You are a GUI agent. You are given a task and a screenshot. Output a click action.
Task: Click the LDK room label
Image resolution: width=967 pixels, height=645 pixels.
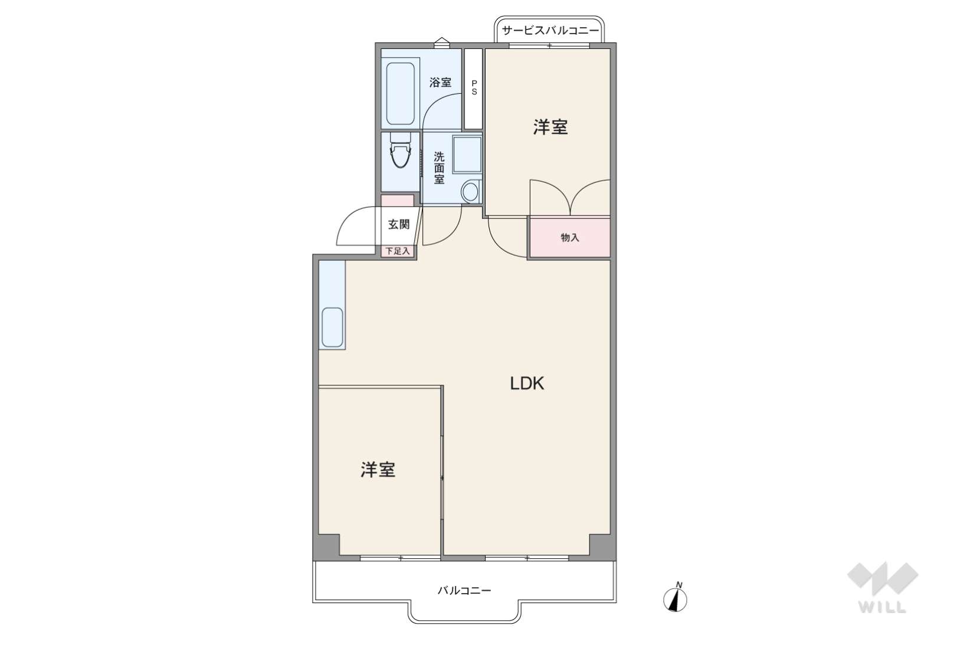(x=527, y=384)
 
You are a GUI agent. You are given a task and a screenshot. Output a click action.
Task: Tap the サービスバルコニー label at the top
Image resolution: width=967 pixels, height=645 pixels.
(x=550, y=31)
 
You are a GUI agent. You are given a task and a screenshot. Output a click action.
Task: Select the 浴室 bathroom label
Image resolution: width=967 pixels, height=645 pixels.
(x=440, y=82)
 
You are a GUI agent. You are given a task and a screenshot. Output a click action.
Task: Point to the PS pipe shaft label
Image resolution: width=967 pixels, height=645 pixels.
(x=474, y=88)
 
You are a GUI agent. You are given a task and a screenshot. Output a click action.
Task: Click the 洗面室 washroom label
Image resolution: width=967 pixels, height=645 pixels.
(x=439, y=168)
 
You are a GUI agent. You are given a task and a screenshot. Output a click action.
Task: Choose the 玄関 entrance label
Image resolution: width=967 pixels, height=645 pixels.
(x=398, y=224)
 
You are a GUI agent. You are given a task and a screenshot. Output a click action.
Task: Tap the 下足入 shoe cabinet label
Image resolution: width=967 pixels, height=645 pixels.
(x=397, y=251)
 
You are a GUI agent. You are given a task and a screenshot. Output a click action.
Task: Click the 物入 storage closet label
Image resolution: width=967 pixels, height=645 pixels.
(x=570, y=237)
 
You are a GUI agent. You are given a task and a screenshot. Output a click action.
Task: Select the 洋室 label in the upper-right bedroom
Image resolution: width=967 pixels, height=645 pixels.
(x=550, y=127)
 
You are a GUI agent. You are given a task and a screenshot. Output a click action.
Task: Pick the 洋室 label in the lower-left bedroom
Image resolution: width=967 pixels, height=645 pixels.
(x=378, y=470)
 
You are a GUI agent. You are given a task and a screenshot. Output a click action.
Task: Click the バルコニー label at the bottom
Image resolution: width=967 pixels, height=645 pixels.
(x=464, y=590)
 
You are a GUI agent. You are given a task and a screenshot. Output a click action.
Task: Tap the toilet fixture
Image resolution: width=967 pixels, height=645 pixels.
(x=400, y=150)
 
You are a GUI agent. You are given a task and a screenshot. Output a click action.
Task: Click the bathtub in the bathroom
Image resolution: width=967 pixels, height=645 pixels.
(x=401, y=93)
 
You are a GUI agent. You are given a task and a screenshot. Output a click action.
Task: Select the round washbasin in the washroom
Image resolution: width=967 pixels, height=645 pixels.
(x=470, y=191)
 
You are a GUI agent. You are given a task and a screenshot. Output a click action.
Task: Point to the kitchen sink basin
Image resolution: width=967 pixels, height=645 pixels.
(x=332, y=328)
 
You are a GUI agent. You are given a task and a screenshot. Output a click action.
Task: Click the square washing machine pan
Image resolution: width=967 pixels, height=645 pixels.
(x=467, y=154)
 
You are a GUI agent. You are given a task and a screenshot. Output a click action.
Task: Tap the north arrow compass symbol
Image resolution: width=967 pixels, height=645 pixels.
(x=675, y=599)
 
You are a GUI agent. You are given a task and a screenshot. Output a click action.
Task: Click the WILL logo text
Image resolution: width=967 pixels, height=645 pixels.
(x=883, y=607)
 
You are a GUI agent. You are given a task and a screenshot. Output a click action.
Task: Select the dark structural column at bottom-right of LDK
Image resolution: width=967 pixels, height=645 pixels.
(x=602, y=548)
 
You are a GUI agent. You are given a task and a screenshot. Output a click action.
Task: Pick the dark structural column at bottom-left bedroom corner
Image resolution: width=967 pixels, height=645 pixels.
(x=326, y=548)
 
